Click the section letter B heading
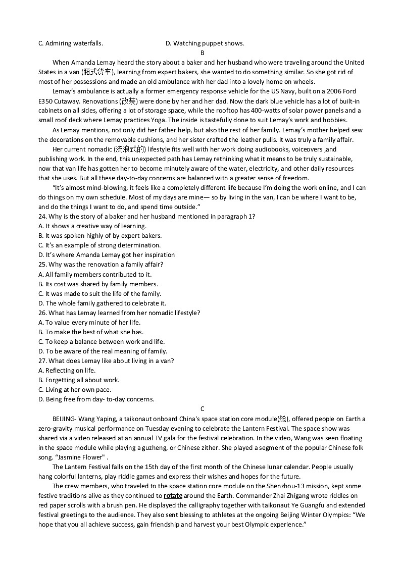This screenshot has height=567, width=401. pyautogui.click(x=202, y=53)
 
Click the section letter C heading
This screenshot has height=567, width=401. pyautogui.click(x=202, y=409)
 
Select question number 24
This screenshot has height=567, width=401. pyautogui.click(x=42, y=217)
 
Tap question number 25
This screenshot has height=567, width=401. pyautogui.click(x=42, y=265)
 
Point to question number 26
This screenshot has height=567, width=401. pyautogui.click(x=42, y=313)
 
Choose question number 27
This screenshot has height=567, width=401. pyautogui.click(x=42, y=361)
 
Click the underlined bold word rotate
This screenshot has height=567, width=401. pyautogui.click(x=173, y=496)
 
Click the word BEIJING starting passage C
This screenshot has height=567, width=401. pyautogui.click(x=64, y=419)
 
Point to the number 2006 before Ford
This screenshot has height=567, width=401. pyautogui.click(x=334, y=91)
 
